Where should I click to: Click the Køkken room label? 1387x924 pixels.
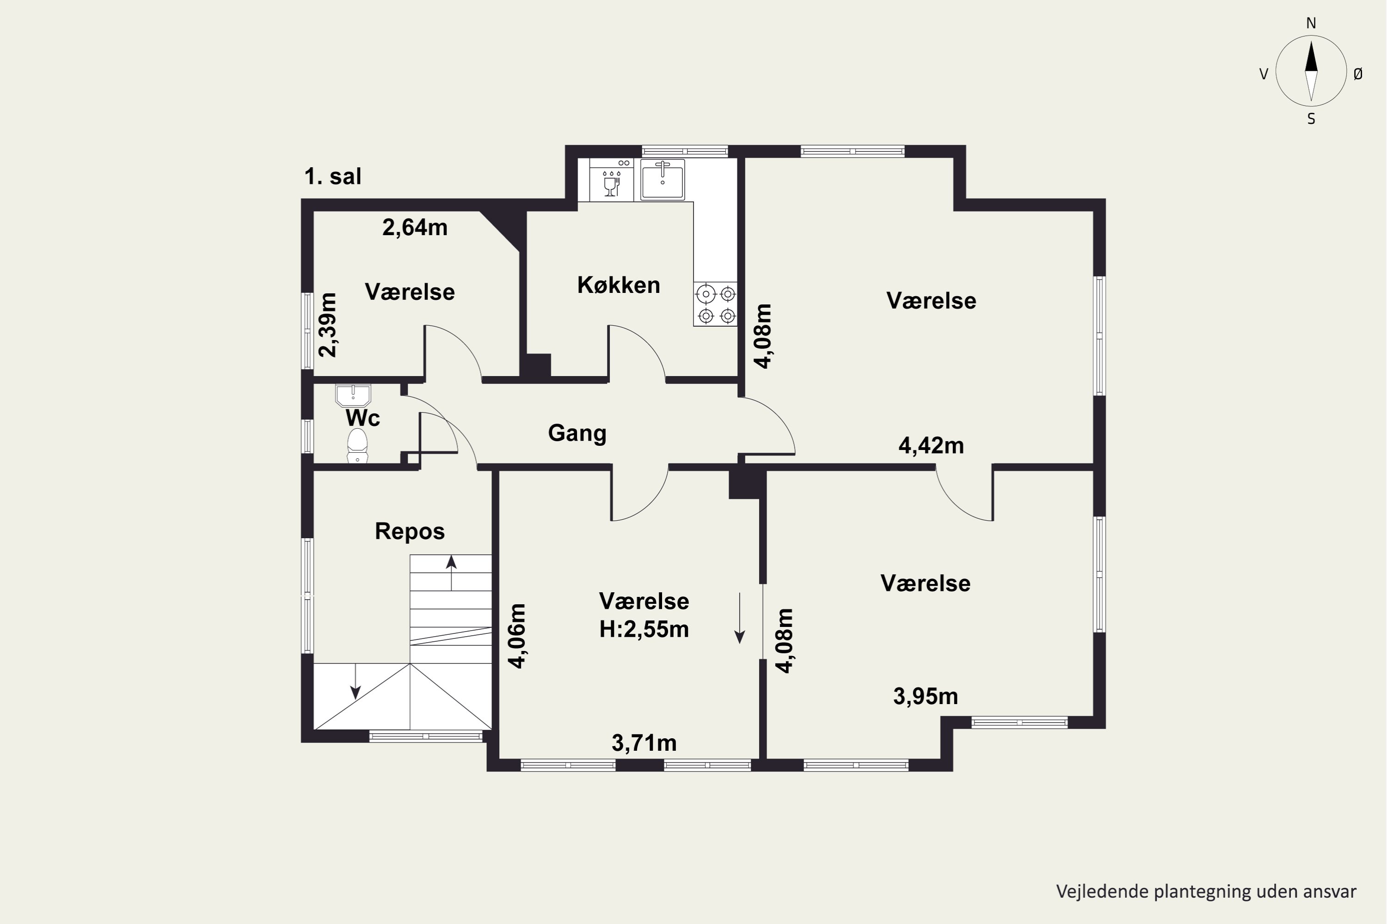pos(619,285)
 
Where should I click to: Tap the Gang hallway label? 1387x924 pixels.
pos(577,433)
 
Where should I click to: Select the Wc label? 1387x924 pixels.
pos(362,418)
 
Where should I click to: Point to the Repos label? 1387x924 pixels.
pos(410,532)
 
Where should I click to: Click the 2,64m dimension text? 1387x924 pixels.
pos(415,227)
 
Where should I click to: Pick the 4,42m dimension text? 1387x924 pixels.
pos(931,446)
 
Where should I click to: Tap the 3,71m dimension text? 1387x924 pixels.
pos(644,743)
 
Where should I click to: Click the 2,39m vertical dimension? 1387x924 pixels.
pos(327,325)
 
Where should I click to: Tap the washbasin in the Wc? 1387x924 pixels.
pos(353,395)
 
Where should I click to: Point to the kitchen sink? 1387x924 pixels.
pos(663,179)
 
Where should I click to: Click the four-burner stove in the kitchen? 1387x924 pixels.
pos(715,304)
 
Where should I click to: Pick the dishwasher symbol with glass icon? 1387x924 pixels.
pos(612,180)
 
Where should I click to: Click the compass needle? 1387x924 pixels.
pos(1311,71)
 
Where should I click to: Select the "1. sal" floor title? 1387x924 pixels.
pos(332,176)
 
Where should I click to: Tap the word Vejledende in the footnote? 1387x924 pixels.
pos(1094,892)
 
